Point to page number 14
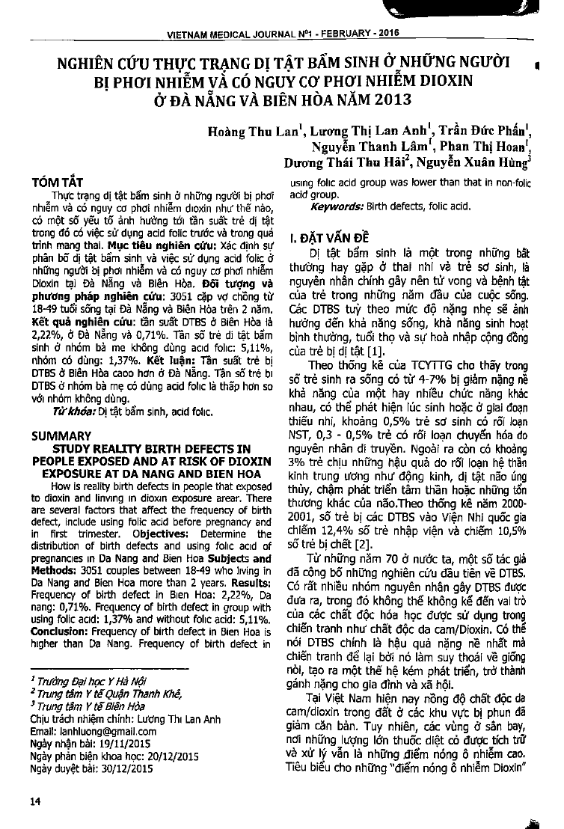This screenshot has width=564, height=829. coord(36,801)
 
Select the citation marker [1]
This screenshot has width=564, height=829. coord(377,350)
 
